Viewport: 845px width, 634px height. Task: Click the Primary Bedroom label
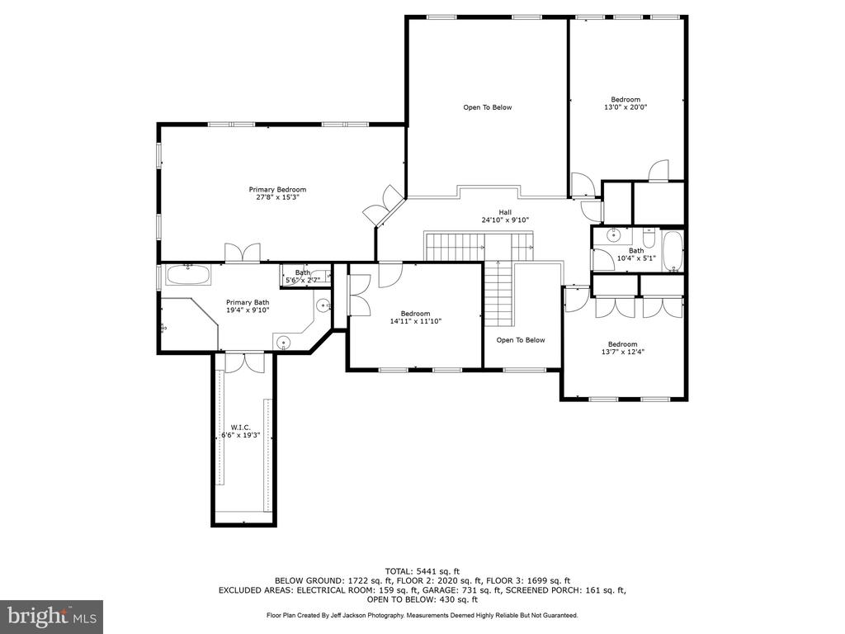[277, 189]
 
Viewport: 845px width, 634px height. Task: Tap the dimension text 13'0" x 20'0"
[625, 107]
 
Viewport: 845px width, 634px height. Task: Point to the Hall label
[505, 212]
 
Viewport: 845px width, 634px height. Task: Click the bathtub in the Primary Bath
[188, 274]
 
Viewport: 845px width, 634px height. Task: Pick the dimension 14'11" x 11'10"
[416, 321]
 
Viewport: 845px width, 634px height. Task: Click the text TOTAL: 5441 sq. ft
[422, 571]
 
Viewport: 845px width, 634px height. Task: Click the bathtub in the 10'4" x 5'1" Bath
[673, 251]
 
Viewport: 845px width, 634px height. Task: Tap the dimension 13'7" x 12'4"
[623, 352]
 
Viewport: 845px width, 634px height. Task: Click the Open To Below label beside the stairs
[521, 340]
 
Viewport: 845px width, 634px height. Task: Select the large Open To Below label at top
[488, 107]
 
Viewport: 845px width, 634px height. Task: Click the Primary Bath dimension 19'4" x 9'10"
[248, 310]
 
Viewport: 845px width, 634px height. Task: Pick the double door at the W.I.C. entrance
[244, 362]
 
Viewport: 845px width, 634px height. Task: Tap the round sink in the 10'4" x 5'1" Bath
[613, 234]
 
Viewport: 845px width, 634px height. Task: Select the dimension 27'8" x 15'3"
[277, 197]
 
